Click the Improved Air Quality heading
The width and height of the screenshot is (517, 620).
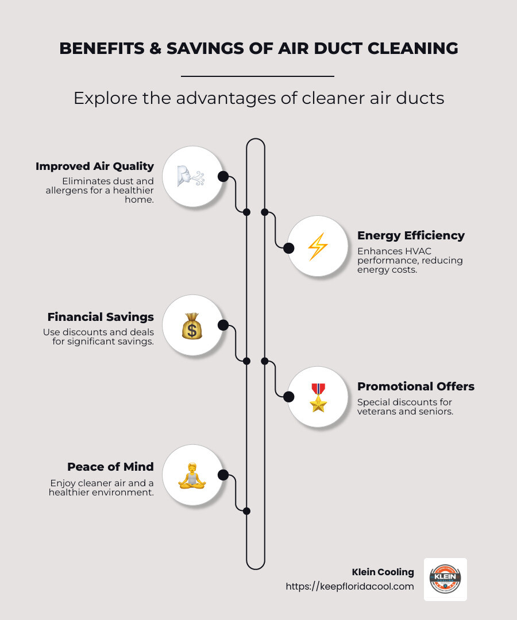(x=95, y=166)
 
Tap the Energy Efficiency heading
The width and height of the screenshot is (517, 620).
(x=411, y=235)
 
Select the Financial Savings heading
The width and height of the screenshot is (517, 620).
(x=101, y=317)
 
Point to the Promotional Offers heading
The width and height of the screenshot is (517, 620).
(x=416, y=386)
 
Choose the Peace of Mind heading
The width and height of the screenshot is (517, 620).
(x=110, y=467)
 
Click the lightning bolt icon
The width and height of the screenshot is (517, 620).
(x=318, y=247)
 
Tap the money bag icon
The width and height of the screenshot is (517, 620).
(x=192, y=325)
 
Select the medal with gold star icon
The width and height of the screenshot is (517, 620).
(x=318, y=397)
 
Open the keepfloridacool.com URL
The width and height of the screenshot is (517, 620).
(x=350, y=587)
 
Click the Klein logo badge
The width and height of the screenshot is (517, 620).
(x=445, y=579)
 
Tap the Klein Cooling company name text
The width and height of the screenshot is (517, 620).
(x=383, y=572)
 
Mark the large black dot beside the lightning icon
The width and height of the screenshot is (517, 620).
(x=289, y=247)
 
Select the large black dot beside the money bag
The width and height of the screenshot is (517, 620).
(x=223, y=325)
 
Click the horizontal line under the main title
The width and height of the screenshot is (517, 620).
(x=257, y=76)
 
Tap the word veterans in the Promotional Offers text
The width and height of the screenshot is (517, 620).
(x=376, y=412)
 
